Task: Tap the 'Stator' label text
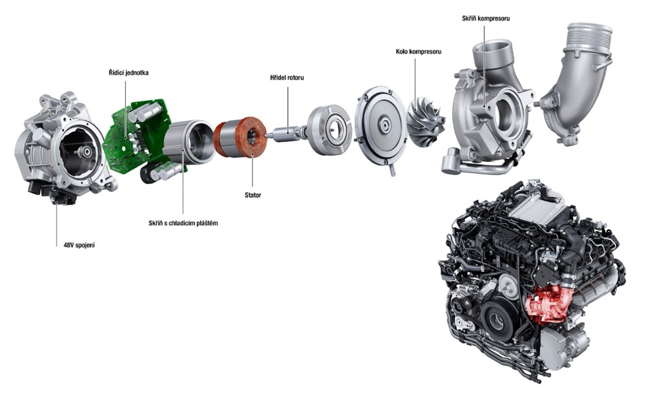click(253, 195)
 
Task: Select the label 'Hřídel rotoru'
click(287, 78)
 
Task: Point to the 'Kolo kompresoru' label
click(418, 52)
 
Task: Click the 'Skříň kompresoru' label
click(486, 19)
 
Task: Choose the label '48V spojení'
click(76, 245)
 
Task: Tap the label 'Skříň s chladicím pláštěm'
click(183, 224)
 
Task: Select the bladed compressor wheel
click(426, 121)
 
